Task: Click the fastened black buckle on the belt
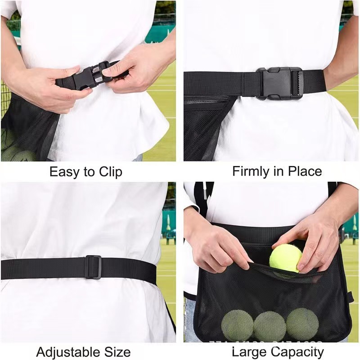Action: (279, 83)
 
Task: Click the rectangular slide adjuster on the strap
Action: (94, 267)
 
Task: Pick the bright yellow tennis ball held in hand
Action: (285, 258)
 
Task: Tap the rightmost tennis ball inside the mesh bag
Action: (302, 324)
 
